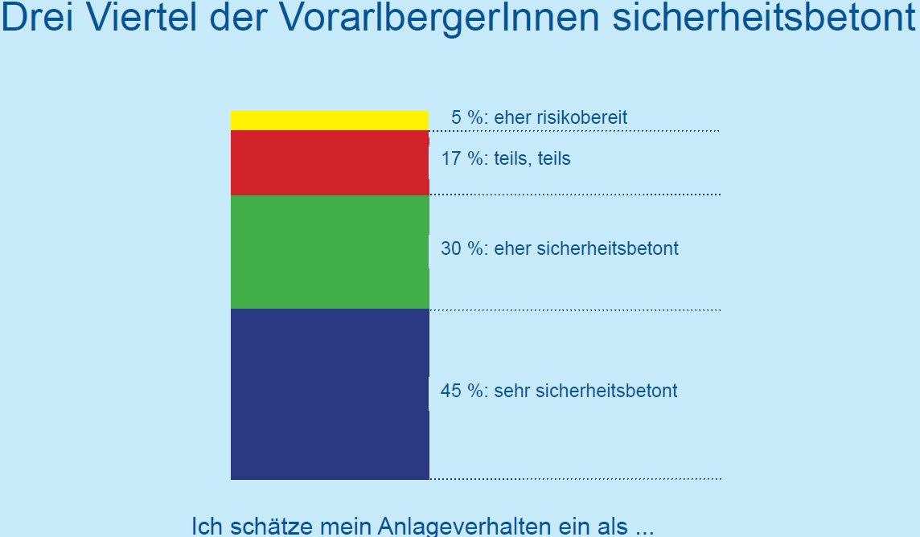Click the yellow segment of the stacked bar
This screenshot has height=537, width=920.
330,121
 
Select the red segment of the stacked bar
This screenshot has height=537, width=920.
330,162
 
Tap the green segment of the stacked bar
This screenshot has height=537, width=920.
330,252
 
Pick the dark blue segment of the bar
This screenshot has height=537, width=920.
330,394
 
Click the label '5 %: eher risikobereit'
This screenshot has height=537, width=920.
539,117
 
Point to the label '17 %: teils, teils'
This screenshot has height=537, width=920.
506,158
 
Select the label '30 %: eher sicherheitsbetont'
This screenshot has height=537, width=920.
560,248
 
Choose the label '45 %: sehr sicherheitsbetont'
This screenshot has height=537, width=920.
559,391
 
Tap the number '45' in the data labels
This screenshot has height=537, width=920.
450,391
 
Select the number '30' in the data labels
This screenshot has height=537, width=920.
450,248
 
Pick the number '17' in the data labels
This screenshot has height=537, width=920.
451,158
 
